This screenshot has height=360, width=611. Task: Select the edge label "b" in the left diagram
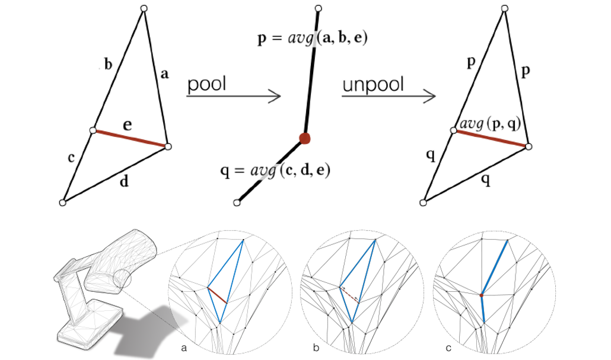click(108, 64)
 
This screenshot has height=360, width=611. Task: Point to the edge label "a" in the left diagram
click(165, 74)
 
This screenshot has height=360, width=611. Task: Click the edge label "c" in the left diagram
click(71, 158)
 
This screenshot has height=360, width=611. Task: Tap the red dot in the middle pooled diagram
click(305, 139)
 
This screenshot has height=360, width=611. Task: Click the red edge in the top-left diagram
click(130, 138)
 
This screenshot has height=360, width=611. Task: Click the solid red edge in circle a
click(218, 295)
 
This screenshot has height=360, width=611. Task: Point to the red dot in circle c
click(481, 294)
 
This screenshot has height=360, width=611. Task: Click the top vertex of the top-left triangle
click(144, 8)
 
